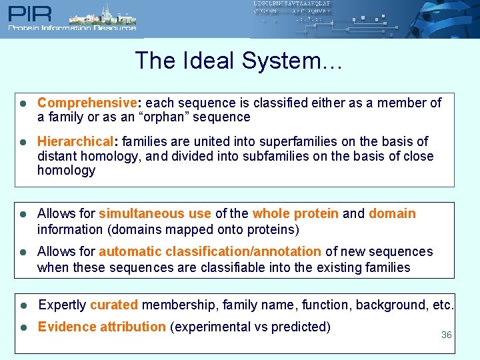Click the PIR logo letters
pos(27,13)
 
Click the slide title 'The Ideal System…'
pos(239,61)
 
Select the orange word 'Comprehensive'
pos(87,103)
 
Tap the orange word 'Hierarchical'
pos(75,141)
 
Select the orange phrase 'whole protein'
pos(295,213)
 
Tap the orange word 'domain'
pos(392,213)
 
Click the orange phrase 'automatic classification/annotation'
pos(210,251)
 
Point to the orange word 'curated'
pos(114,305)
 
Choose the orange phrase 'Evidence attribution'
pos(101,327)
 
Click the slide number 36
pos(446,335)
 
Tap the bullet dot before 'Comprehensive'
pos(23,103)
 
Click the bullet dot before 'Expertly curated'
pos(23,305)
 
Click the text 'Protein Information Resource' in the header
pos(72,28)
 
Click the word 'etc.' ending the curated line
pos(442,305)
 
